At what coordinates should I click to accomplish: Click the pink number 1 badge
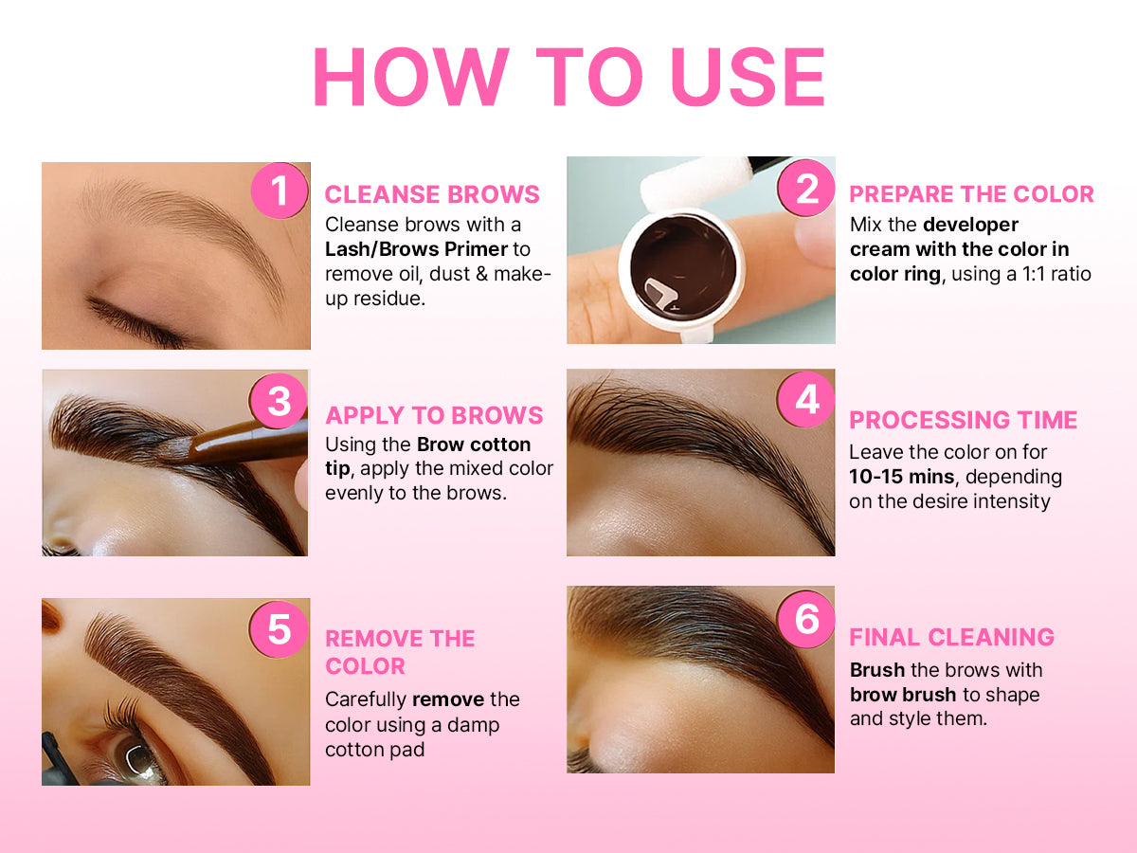point(280,191)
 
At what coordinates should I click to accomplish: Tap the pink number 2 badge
point(806,188)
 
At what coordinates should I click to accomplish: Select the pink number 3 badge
point(280,401)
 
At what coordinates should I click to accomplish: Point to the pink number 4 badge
point(806,399)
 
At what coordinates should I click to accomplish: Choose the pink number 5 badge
point(280,629)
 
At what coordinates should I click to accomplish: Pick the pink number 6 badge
point(806,619)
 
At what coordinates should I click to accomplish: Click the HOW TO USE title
point(568,77)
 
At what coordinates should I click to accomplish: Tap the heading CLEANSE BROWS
point(432,194)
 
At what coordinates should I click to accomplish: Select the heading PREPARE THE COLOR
point(972,194)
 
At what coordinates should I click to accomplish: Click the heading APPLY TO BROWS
point(434,415)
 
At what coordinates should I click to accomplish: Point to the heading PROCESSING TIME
point(963,420)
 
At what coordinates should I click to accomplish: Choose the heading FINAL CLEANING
point(951,637)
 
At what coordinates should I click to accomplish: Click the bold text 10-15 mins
point(901,477)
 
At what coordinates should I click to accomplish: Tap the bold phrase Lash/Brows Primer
point(416,249)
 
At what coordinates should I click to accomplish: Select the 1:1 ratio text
point(1056,274)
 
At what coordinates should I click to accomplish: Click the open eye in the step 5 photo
point(135,757)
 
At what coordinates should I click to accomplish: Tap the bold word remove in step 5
point(448,699)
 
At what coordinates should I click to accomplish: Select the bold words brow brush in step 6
point(903,695)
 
